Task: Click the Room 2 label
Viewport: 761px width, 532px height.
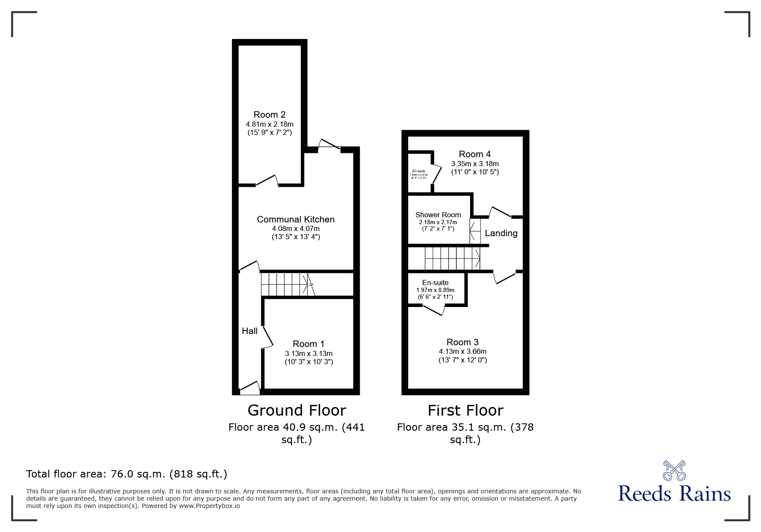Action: [x=269, y=115]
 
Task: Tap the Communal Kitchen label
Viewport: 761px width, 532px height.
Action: [x=296, y=219]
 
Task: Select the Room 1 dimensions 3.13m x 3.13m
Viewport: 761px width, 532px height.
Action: [x=309, y=353]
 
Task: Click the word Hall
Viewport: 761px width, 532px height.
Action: [x=250, y=331]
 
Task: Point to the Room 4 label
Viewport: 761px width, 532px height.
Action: [x=475, y=154]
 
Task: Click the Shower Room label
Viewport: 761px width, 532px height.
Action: [x=438, y=215]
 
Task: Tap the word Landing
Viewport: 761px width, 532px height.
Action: [x=501, y=233]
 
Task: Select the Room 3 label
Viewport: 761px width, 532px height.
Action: [x=462, y=342]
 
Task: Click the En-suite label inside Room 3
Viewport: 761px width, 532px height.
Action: [x=435, y=283]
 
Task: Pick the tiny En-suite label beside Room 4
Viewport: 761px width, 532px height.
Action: [x=419, y=171]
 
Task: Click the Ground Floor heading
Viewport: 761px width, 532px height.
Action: [x=296, y=410]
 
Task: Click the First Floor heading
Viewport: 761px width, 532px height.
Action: [x=465, y=410]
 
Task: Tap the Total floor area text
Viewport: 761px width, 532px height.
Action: [x=127, y=474]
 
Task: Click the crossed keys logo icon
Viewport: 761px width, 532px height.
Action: [x=674, y=470]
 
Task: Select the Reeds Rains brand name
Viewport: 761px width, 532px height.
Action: [x=674, y=494]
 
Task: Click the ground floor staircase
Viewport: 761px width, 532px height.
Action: [x=286, y=284]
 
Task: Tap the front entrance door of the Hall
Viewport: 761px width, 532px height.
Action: [x=250, y=388]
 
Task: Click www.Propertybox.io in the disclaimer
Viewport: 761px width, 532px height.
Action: [x=209, y=506]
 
